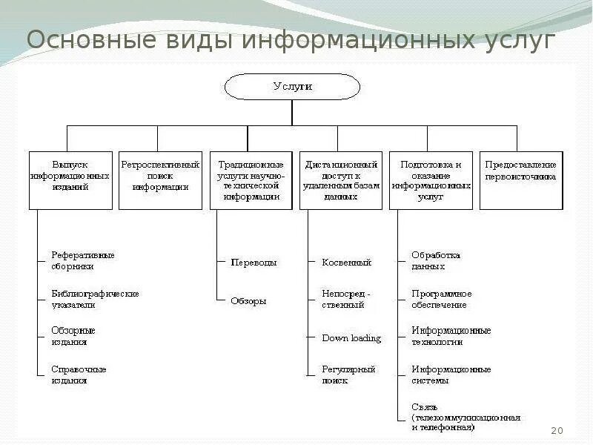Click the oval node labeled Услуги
point(292,87)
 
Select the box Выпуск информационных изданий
point(70,180)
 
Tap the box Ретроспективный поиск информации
point(160,180)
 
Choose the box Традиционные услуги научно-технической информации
point(251,180)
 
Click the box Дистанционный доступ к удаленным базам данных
point(340,180)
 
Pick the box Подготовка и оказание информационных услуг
point(431,180)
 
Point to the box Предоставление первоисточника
point(520,180)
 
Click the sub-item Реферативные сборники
point(83,260)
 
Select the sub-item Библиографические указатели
point(95,299)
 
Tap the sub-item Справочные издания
point(79,375)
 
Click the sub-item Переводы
point(254,263)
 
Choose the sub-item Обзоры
point(248,301)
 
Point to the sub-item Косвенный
point(346,263)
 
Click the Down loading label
point(351,338)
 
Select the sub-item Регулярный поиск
point(348,375)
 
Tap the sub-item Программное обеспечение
point(442,299)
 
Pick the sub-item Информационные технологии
point(451,336)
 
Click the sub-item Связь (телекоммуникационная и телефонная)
point(466,417)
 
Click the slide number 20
point(558,431)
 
